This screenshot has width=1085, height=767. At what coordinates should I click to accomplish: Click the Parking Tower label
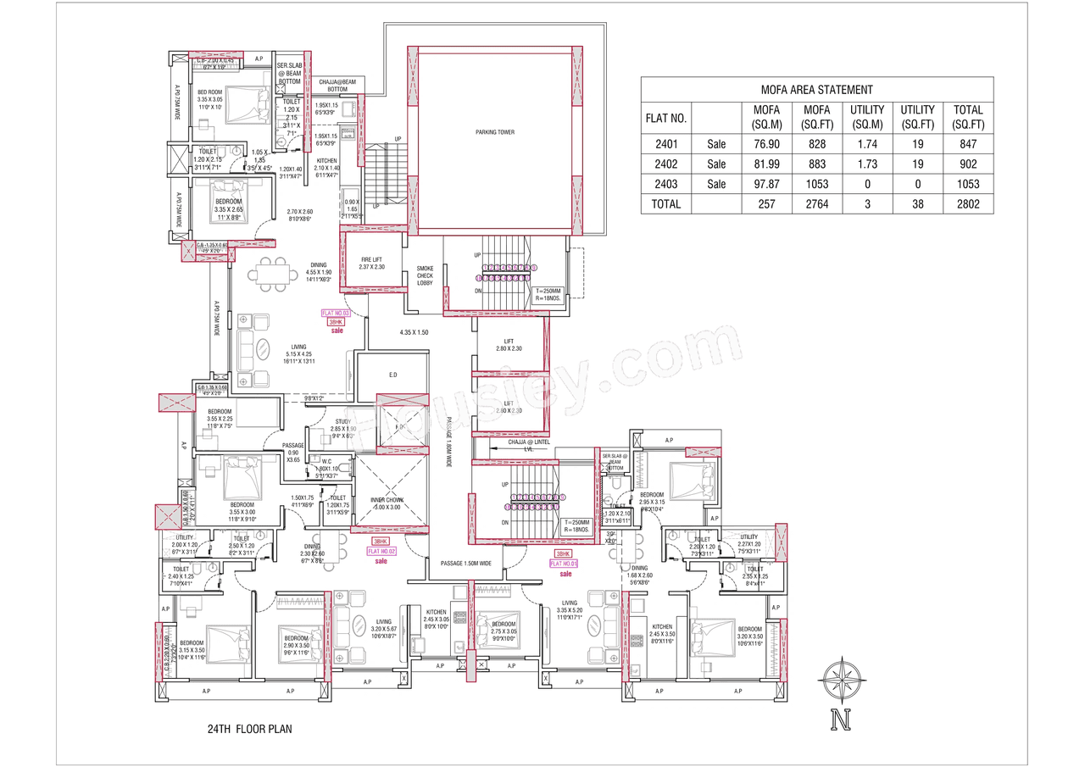click(x=494, y=132)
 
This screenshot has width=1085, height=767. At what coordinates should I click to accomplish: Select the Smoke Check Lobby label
click(x=425, y=275)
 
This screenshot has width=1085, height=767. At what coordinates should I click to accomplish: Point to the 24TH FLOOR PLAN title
click(x=249, y=729)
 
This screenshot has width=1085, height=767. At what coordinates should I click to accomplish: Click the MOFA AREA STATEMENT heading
click(x=816, y=89)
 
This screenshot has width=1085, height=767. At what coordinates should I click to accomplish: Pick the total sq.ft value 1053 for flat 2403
click(x=968, y=184)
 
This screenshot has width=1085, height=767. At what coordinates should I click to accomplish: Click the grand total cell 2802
click(x=968, y=204)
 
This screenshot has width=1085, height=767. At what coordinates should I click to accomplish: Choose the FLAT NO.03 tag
click(x=336, y=313)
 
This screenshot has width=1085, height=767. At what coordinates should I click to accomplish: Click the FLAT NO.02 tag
click(x=381, y=551)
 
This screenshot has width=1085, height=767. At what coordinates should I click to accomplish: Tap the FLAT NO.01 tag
click(x=564, y=563)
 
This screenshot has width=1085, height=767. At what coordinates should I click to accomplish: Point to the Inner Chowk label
click(x=388, y=503)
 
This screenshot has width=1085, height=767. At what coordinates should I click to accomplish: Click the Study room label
click(x=342, y=425)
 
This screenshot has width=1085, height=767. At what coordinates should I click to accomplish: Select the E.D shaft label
click(x=392, y=374)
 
